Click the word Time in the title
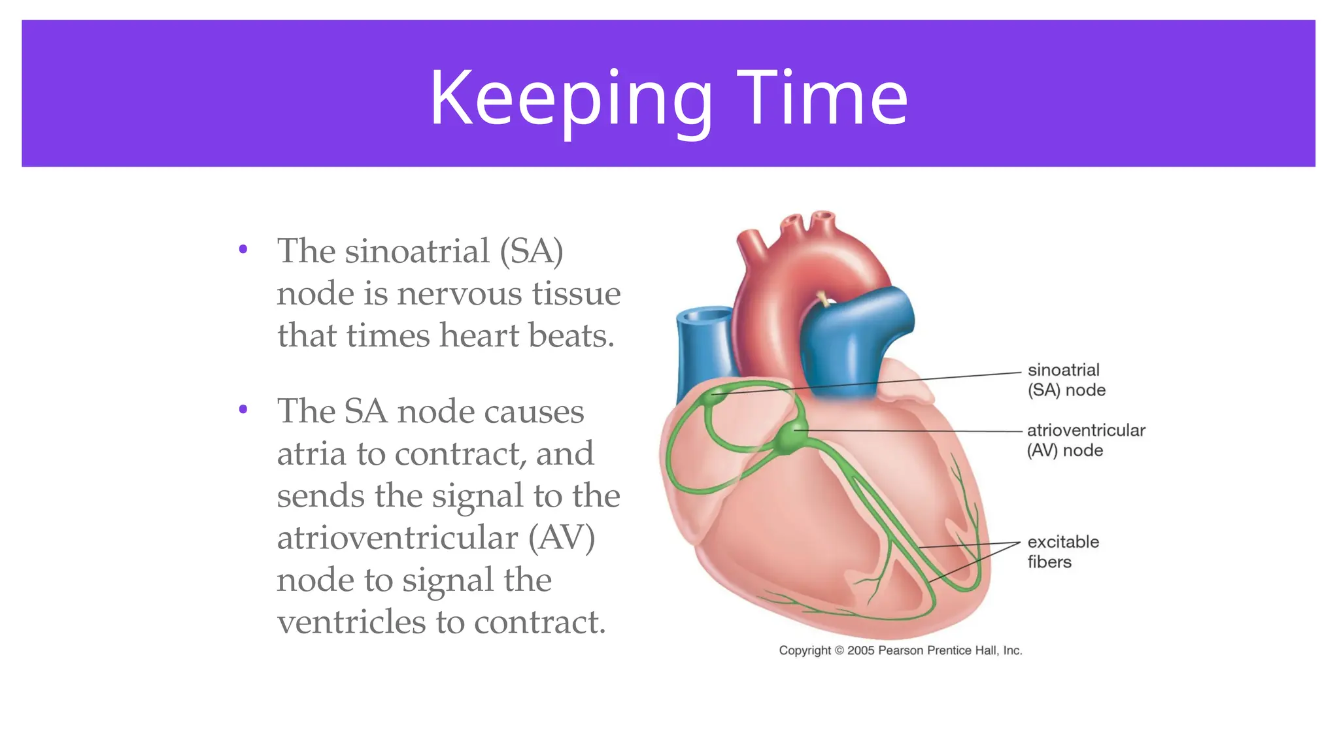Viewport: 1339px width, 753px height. pyautogui.click(x=822, y=98)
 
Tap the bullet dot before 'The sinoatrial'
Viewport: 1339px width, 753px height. pyautogui.click(x=243, y=249)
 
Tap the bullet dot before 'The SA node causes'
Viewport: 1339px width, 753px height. pyautogui.click(x=243, y=410)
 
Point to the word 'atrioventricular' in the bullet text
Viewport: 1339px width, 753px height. pyautogui.click(x=398, y=538)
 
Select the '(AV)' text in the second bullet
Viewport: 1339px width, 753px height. pyautogui.click(x=562, y=538)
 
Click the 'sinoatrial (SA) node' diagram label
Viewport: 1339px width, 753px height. pyautogui.click(x=1066, y=380)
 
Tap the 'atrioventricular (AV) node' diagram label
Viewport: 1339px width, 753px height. pyautogui.click(x=1085, y=440)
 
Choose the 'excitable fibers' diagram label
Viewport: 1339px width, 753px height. pyautogui.click(x=1062, y=552)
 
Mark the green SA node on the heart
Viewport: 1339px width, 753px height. pyautogui.click(x=718, y=393)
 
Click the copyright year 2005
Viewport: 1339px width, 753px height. pyautogui.click(x=861, y=650)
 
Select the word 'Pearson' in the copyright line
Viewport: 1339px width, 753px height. pyautogui.click(x=900, y=650)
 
